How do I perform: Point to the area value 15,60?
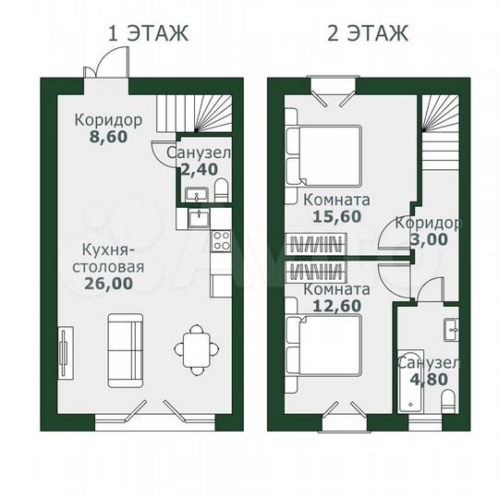tap(336, 218)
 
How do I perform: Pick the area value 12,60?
tap(336, 308)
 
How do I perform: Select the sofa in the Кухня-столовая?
tap(125, 350)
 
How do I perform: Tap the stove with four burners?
tap(222, 241)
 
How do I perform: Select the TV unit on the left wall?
tap(63, 352)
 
